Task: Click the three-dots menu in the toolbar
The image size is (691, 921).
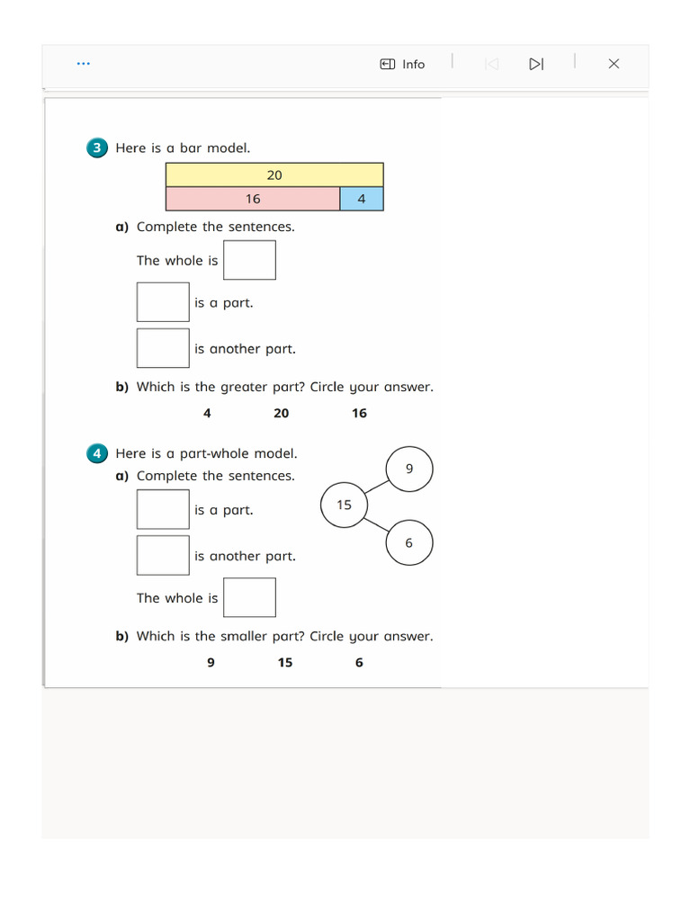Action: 84,64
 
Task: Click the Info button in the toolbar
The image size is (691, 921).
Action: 402,64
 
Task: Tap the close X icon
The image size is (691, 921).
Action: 614,64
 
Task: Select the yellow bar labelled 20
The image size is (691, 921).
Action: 274,174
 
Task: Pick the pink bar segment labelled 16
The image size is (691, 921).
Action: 253,199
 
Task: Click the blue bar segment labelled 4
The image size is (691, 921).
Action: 362,199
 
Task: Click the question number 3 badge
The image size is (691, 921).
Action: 97,148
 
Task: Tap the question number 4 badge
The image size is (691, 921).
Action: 97,454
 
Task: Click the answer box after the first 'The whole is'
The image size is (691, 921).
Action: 249,260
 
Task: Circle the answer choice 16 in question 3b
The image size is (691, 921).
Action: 359,413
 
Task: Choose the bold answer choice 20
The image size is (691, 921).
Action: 282,413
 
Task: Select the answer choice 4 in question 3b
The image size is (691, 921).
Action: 207,413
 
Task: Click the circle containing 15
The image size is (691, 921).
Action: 344,505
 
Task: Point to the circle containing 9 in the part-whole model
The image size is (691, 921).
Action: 409,469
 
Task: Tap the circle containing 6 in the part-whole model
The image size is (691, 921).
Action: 409,543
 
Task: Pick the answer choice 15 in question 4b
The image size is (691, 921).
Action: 285,663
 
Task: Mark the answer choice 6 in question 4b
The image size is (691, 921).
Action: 359,663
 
